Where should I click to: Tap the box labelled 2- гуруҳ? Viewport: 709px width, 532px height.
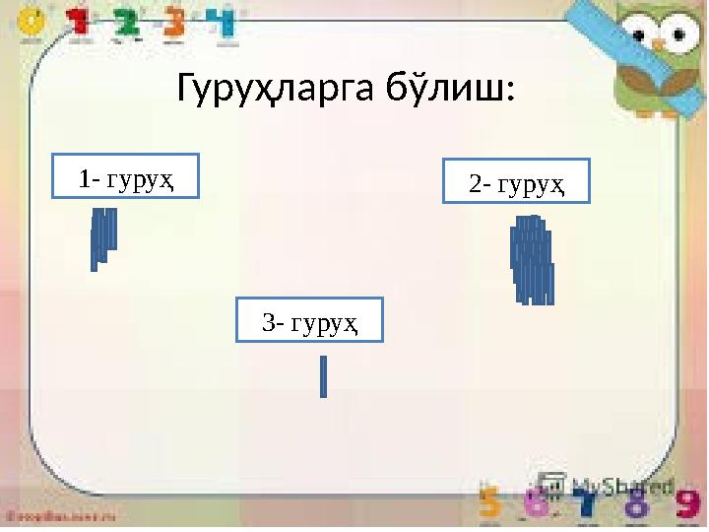tap(516, 181)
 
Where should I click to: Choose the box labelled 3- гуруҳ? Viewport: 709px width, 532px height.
tap(309, 321)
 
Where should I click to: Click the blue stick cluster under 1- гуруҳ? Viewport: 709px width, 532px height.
tap(102, 236)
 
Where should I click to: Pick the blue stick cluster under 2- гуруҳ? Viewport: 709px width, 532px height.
tap(532, 260)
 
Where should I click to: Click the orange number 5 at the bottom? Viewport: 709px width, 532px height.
tap(491, 504)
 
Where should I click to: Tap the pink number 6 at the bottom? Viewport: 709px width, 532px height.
tap(539, 504)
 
